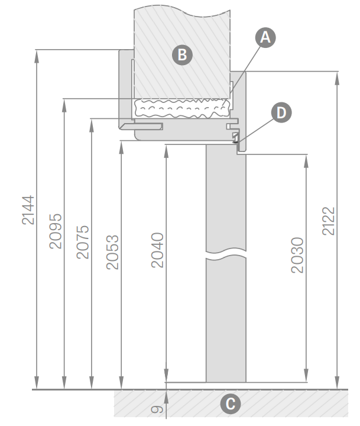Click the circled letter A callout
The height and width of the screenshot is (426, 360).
(x=265, y=37)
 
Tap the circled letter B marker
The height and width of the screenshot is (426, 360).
(x=183, y=54)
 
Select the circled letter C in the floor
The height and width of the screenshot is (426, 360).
(x=230, y=404)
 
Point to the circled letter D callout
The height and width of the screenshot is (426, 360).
(x=281, y=112)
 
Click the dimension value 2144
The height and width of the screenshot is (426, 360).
(x=28, y=210)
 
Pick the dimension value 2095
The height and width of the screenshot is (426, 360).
(x=56, y=231)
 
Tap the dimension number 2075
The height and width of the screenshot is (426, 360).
(x=83, y=242)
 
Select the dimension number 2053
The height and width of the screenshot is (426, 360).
(x=112, y=252)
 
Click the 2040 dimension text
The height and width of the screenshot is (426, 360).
(x=157, y=250)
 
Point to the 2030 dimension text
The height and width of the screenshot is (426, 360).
(x=297, y=255)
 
